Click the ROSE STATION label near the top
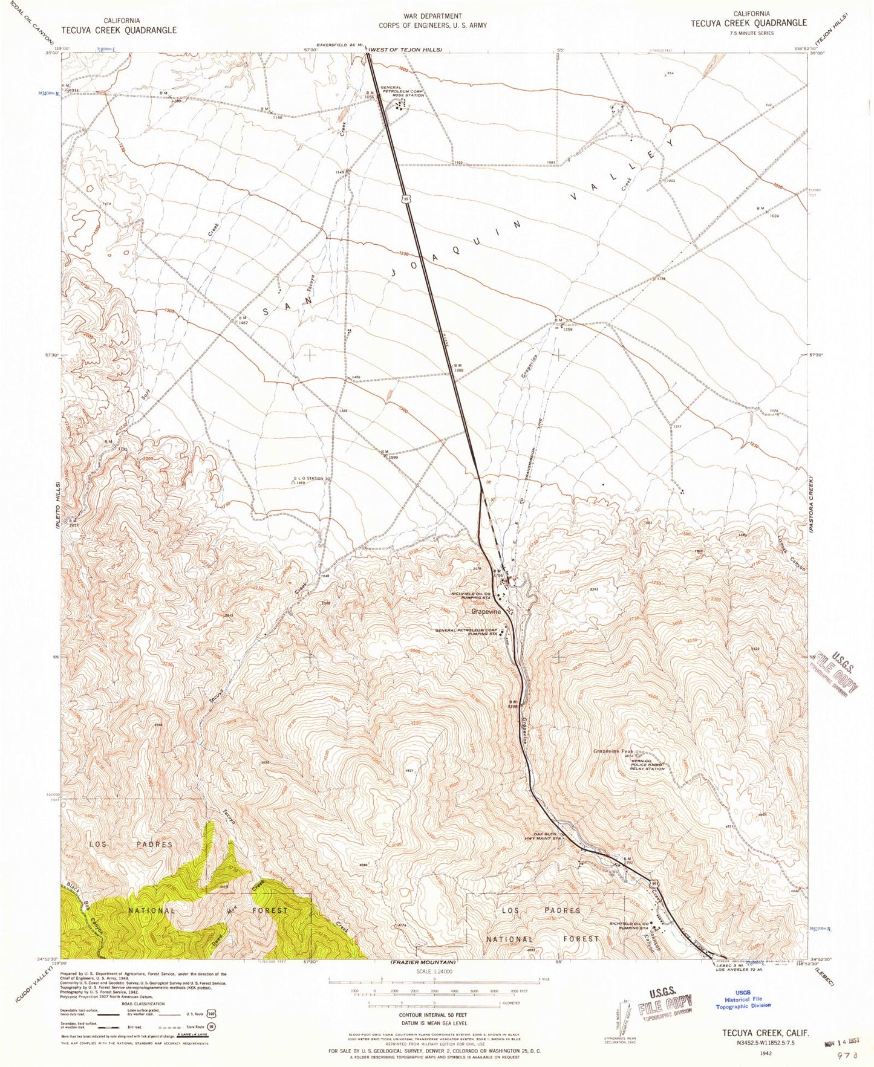pos(408,96)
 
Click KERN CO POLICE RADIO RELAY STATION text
pos(644,765)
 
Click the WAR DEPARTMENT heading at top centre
pos(432,16)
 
